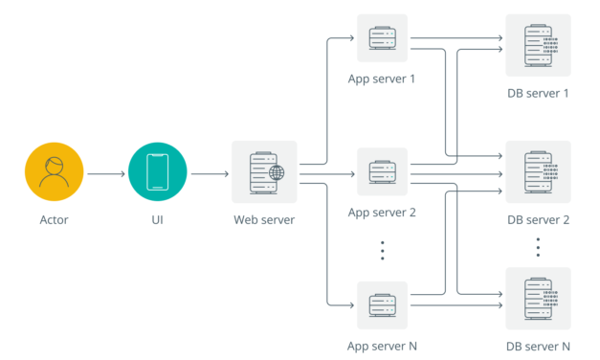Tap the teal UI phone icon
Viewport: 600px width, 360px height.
158,173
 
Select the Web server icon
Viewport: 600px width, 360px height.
264,172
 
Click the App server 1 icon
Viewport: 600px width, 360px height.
382,39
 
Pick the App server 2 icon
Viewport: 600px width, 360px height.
382,173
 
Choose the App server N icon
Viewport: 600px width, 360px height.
382,306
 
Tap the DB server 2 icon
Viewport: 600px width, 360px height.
538,173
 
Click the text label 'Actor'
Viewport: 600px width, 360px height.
56,220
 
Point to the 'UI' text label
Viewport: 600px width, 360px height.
158,220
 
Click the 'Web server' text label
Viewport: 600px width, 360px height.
264,220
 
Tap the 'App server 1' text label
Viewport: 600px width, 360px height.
382,79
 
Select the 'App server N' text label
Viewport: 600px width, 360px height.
382,346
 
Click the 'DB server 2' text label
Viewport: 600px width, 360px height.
538,220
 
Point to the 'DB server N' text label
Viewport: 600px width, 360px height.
538,346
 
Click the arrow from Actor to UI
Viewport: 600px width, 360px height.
106,174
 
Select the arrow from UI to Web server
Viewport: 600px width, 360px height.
210,174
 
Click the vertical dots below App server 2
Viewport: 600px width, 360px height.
382,250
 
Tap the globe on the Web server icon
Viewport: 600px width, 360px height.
277,174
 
